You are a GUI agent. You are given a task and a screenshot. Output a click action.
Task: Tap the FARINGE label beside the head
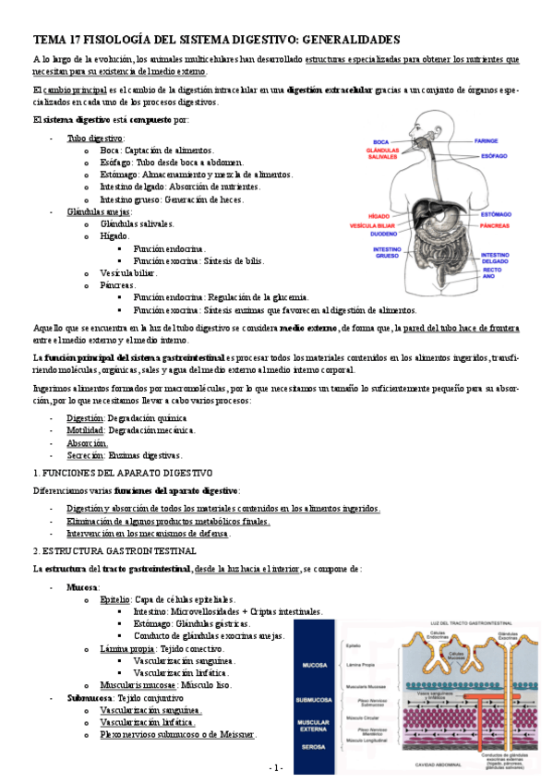coord(487,142)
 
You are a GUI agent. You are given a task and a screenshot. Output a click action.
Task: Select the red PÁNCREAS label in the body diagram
coord(496,224)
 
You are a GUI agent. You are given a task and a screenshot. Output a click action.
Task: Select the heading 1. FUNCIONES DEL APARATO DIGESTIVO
coord(122,472)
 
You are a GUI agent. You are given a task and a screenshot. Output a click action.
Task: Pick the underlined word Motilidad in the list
coord(85,430)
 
